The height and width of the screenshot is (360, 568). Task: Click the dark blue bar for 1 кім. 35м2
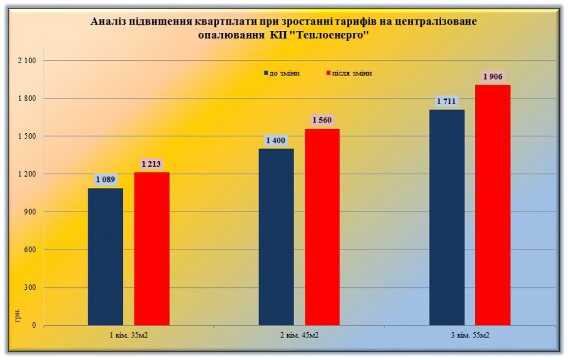coord(105,256)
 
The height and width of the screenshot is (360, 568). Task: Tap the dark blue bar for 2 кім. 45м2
coord(276,237)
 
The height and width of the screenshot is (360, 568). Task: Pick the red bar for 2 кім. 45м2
coord(322,227)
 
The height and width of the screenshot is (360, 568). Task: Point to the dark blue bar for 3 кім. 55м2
coord(447,217)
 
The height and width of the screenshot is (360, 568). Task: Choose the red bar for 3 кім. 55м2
coord(492,205)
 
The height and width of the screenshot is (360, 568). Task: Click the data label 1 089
coord(105,180)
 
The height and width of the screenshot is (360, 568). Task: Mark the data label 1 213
coord(151,164)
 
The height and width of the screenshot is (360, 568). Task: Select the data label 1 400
coord(276,140)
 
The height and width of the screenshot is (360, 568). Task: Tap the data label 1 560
coord(322,120)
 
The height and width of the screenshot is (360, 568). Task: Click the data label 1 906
coord(492,76)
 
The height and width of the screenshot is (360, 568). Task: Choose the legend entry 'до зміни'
coord(281,73)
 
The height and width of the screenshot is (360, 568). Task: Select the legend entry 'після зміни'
coord(349,73)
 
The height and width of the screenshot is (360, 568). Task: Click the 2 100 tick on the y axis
coord(30,61)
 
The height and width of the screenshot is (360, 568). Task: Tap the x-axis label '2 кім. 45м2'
coord(300,335)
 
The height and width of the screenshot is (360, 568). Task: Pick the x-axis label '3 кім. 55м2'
coord(470,335)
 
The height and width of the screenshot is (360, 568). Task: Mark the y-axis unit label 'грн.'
coord(17,315)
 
